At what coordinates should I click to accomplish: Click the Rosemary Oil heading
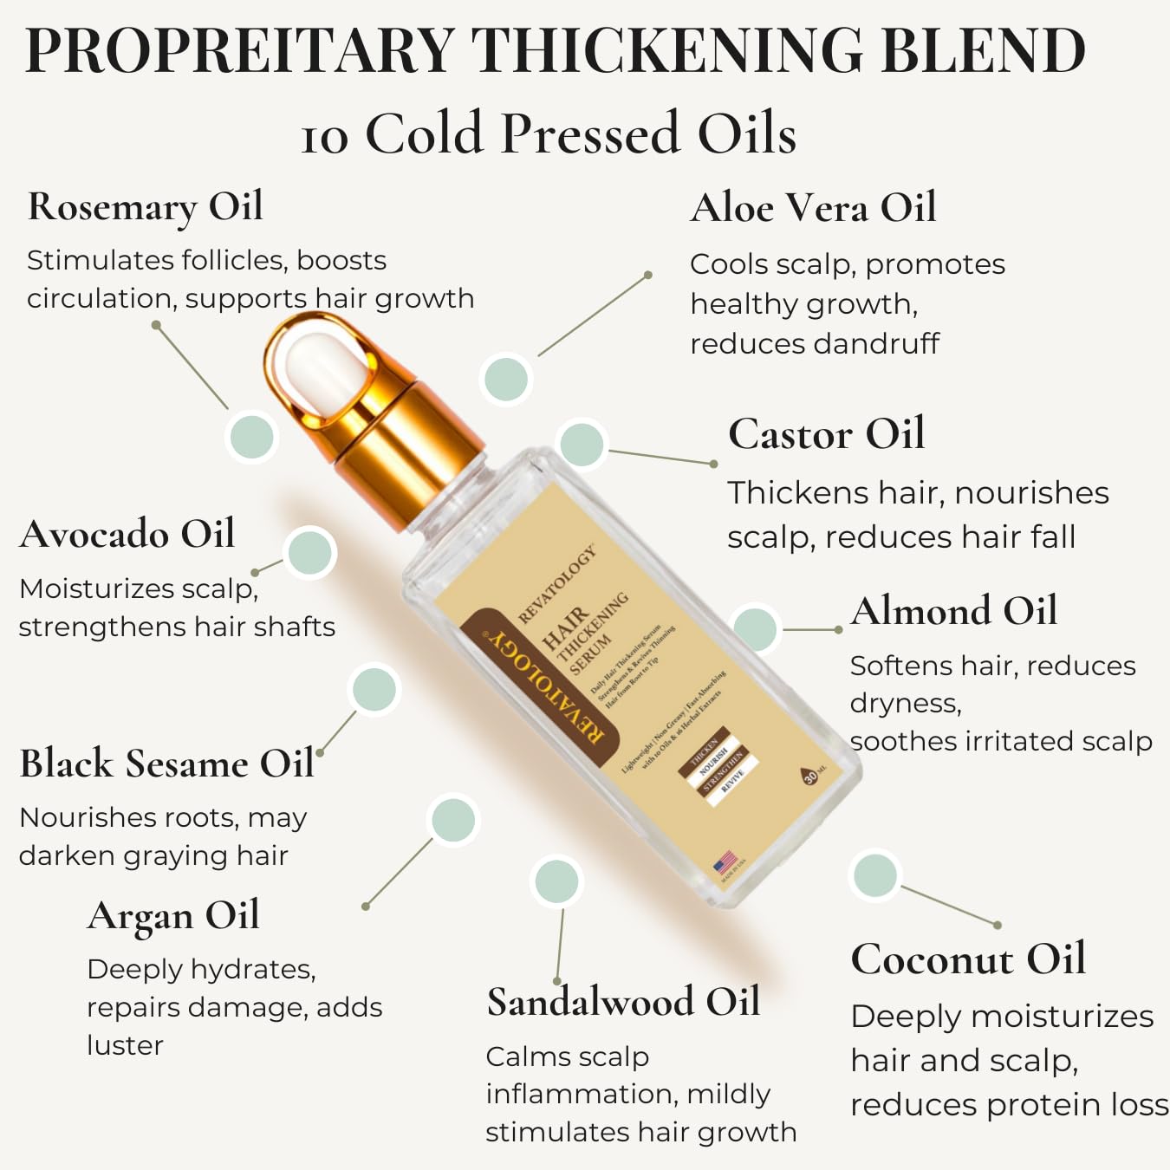[x=145, y=208]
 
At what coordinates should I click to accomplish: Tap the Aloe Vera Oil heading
[x=813, y=209]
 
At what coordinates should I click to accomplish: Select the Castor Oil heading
[x=826, y=434]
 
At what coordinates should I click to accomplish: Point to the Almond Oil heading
[x=953, y=611]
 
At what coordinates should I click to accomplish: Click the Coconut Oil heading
[x=968, y=959]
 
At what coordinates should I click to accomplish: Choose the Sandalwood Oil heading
[x=623, y=1003]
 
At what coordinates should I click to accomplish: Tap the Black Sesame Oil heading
[x=166, y=764]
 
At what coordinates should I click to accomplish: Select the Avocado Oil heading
[x=127, y=534]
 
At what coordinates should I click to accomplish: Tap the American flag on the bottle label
[x=725, y=863]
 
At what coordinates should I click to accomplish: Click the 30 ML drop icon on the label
[x=810, y=776]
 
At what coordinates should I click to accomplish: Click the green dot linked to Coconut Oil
[x=874, y=875]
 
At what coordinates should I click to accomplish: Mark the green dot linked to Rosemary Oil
[x=250, y=436]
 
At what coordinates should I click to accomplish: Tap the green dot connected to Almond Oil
[x=755, y=628]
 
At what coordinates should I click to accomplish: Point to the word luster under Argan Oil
[x=125, y=1046]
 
